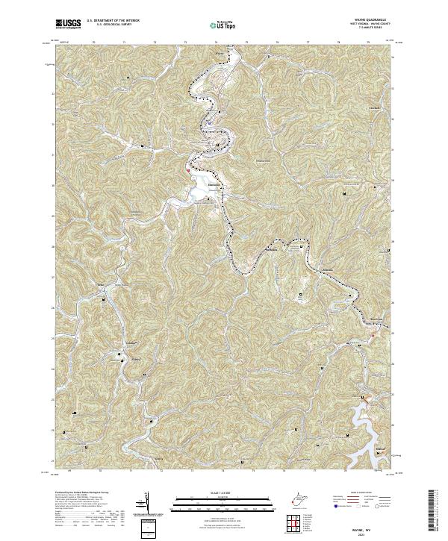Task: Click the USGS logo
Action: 68,24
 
